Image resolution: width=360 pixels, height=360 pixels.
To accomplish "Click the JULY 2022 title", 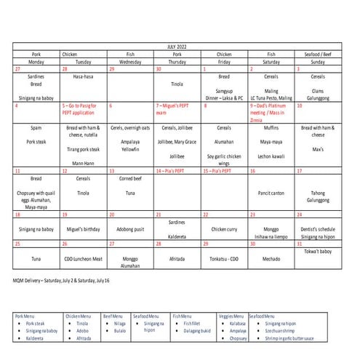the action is click(177, 46).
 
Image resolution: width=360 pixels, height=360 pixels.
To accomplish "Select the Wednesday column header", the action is click(129, 61).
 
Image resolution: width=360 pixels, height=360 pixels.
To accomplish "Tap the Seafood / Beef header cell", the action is click(317, 54).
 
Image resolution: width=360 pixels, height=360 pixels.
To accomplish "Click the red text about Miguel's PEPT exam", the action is click(175, 108).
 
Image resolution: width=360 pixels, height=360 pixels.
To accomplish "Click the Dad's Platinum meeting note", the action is click(270, 109).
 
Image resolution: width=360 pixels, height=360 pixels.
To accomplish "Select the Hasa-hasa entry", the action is click(83, 76).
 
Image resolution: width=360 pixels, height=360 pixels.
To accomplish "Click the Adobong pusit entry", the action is click(129, 229).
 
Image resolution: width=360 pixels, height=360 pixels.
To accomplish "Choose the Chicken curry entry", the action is click(223, 229).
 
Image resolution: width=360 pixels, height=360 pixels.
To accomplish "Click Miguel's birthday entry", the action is click(83, 229).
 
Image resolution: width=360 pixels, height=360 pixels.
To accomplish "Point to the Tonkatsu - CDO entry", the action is click(223, 258).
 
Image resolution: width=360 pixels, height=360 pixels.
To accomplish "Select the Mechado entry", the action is click(270, 258).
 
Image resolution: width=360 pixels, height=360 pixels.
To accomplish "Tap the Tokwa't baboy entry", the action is click(318, 252).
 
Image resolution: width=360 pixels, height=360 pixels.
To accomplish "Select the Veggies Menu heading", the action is click(233, 316).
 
